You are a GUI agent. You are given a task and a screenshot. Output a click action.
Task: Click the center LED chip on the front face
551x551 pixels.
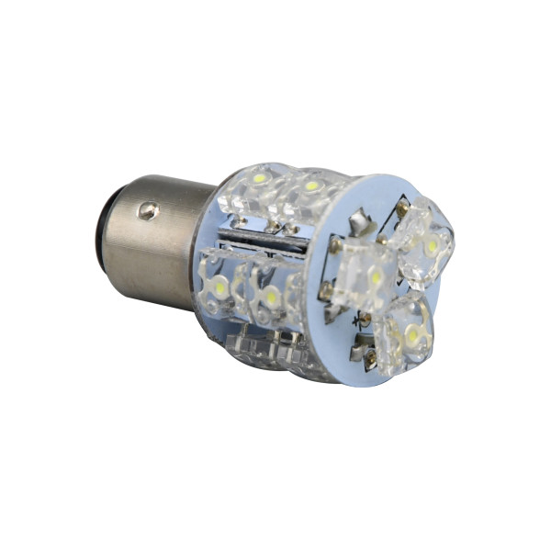pyautogui.click(x=376, y=275)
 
